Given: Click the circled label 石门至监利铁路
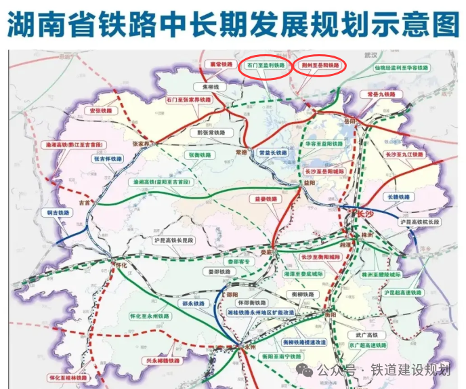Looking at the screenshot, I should pyautogui.click(x=267, y=66).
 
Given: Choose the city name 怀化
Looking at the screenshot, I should pyautogui.click(x=120, y=265).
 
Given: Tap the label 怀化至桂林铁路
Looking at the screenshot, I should pyautogui.click(x=67, y=377).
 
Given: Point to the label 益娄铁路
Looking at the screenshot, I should pyautogui.click(x=266, y=199).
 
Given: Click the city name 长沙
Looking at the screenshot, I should pyautogui.click(x=365, y=214).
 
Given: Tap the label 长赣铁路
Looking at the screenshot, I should pyautogui.click(x=398, y=197).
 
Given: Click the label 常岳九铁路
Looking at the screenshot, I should pyautogui.click(x=380, y=94).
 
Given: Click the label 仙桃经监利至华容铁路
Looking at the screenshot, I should pyautogui.click(x=401, y=68).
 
